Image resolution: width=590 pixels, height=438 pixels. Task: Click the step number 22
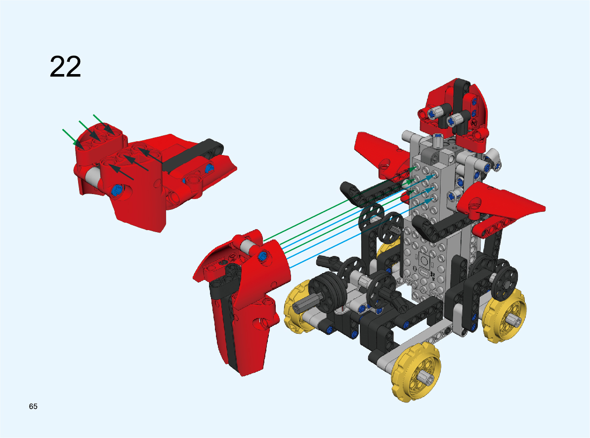pyautogui.click(x=65, y=67)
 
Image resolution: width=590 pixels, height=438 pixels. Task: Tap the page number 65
pyautogui.click(x=33, y=406)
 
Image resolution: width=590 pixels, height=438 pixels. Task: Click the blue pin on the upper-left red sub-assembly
pyautogui.click(x=117, y=190)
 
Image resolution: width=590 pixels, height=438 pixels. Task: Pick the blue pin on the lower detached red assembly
pyautogui.click(x=263, y=256)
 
